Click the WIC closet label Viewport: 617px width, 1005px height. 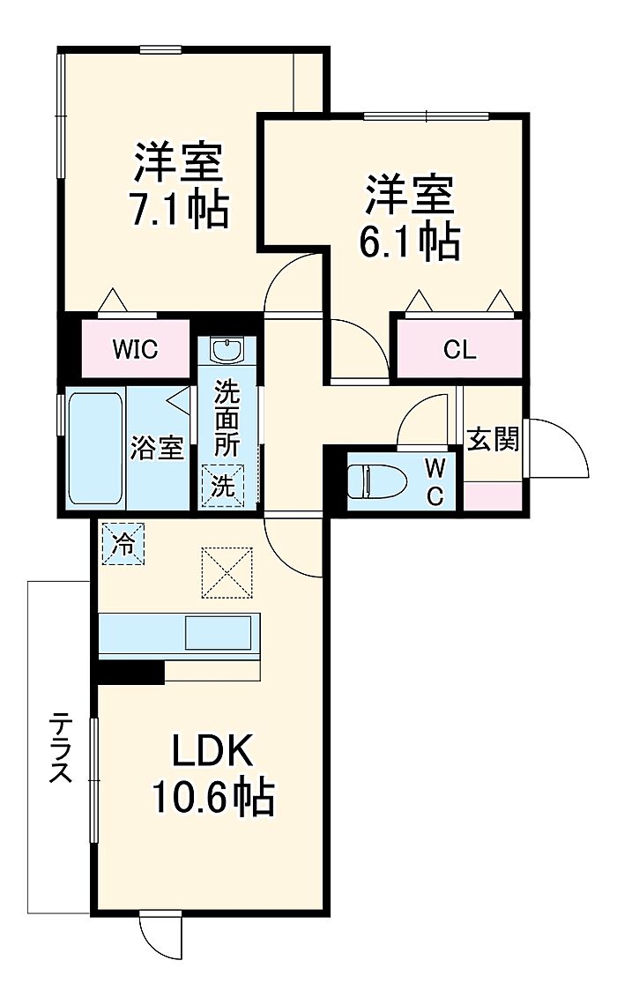tap(135, 349)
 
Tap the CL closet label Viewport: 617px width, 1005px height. tap(459, 349)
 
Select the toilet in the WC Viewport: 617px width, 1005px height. tap(376, 480)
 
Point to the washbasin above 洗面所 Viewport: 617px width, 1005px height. tap(227, 350)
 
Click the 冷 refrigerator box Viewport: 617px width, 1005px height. tap(123, 544)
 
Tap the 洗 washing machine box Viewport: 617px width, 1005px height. tap(223, 486)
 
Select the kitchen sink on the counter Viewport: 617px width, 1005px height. tap(218, 633)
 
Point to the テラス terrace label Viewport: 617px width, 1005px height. tap(62, 747)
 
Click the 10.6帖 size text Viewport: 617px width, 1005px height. tap(213, 797)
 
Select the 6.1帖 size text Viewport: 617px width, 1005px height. tap(409, 241)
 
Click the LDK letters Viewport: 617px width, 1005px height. tap(212, 751)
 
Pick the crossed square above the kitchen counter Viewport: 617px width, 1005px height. tap(227, 572)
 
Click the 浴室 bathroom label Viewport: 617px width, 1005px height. tap(157, 448)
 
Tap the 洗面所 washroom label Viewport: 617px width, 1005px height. tap(227, 418)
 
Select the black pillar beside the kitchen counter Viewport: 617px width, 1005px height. tap(131, 672)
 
